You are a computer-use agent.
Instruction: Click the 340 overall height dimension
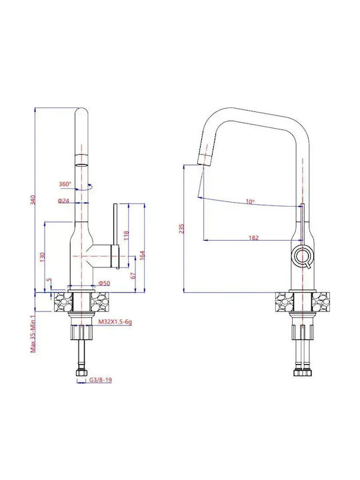click(33, 200)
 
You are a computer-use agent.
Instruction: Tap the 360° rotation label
click(65, 184)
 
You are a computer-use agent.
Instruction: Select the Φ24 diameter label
click(64, 201)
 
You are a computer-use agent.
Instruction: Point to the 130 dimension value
click(43, 257)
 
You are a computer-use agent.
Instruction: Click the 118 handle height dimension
click(126, 235)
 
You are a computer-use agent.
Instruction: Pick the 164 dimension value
click(142, 255)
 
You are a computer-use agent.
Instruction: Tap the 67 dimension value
click(133, 275)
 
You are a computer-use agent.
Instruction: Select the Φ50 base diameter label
click(104, 283)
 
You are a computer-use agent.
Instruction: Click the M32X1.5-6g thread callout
click(115, 322)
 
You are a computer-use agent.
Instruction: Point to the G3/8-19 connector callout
click(101, 380)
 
